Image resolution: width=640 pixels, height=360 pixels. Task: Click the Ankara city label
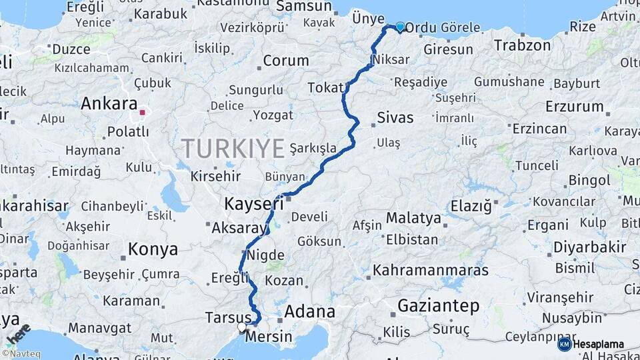pos(109,104)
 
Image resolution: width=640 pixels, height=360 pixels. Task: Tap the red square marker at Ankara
pos(143,113)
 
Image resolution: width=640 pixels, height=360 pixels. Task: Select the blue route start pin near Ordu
pos(400,27)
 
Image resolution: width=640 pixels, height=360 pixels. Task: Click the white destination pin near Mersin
pos(242,327)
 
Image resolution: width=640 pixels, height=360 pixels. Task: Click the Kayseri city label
pos(254,203)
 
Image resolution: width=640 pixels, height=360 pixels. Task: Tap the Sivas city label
pos(395,118)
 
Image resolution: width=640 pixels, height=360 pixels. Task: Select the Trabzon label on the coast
pos(522,45)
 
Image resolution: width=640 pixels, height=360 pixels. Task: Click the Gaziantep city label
pos(438,306)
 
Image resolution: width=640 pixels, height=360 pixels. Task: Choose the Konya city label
pos(153,249)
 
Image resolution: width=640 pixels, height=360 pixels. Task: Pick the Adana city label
pos(309,311)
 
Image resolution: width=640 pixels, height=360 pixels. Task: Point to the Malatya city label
pos(413,218)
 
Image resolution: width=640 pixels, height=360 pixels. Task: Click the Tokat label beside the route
pos(325,88)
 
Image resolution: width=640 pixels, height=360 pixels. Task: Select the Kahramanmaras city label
pos(431,271)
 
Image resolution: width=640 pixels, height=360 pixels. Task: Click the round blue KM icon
pos(564,344)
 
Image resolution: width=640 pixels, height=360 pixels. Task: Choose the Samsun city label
pos(303,7)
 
